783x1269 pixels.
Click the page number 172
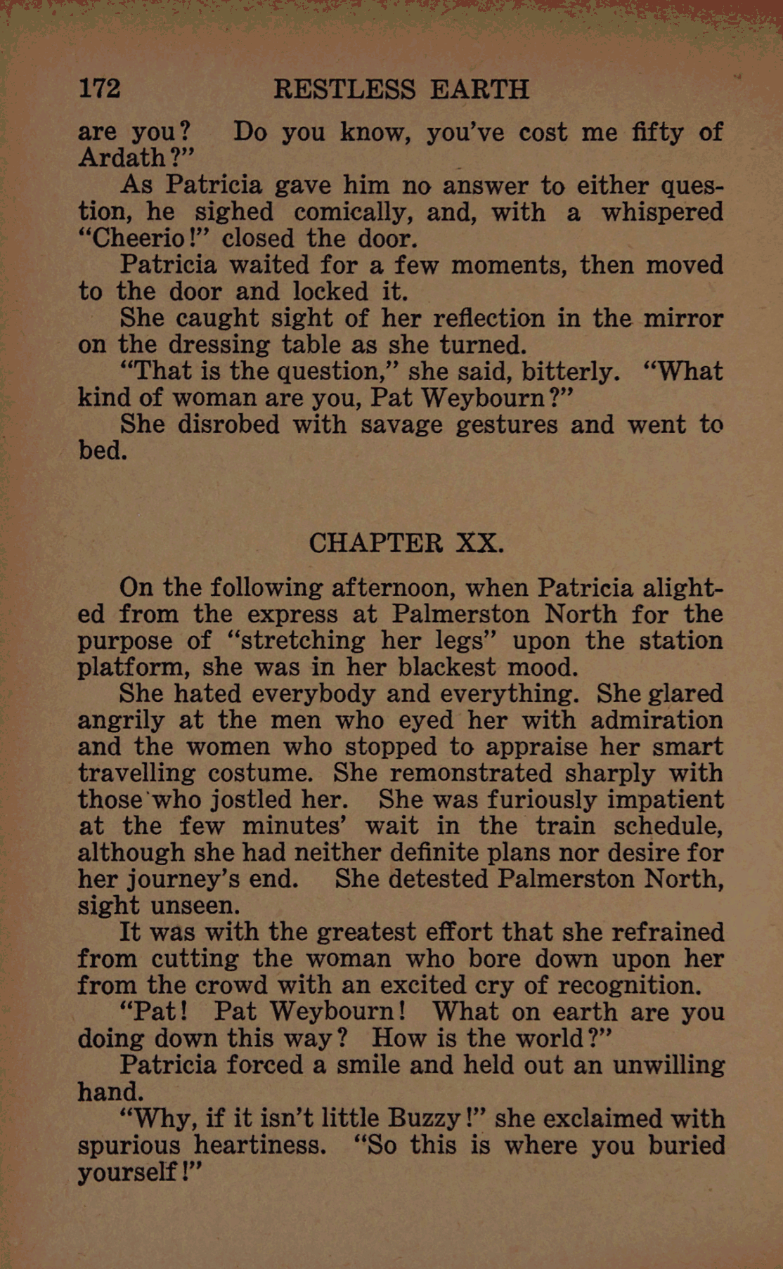pos(100,89)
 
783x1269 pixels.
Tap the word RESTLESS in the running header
pos(344,89)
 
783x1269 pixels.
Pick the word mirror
pos(683,318)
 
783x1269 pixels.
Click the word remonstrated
pos(470,773)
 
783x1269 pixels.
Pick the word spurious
pos(129,1145)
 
